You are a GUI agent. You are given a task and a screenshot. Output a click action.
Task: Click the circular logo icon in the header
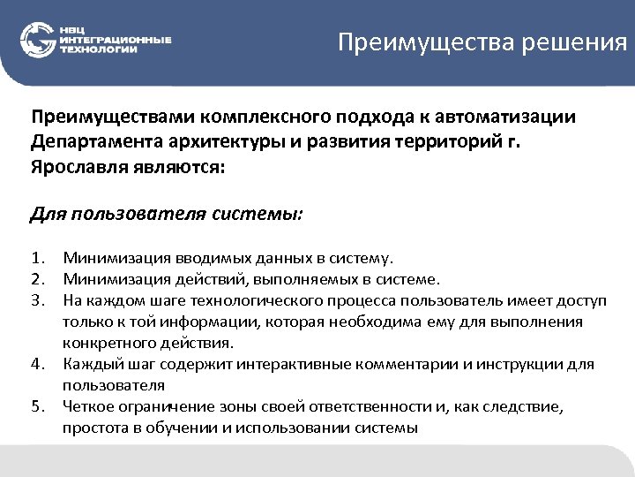[37, 40]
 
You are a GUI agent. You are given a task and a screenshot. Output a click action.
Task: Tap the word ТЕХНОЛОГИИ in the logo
[98, 50]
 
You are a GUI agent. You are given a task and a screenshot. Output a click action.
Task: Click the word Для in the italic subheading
[46, 214]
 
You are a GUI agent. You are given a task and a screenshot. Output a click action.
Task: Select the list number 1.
[37, 259]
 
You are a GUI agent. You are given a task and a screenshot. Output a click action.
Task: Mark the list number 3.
[37, 301]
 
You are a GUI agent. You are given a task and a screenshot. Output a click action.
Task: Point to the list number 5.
[37, 407]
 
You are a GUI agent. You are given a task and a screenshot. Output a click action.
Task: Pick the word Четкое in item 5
[87, 407]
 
